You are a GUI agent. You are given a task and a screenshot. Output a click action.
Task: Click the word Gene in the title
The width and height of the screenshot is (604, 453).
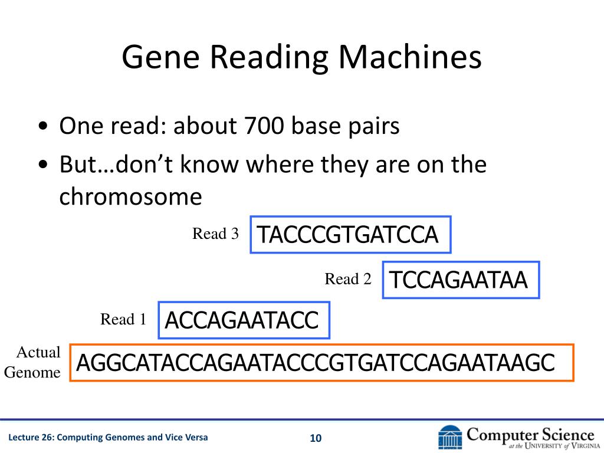(x=160, y=57)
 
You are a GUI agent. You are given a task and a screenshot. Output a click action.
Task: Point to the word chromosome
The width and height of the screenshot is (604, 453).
(x=130, y=196)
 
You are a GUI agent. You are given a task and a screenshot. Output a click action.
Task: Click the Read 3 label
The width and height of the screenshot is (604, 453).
(x=215, y=234)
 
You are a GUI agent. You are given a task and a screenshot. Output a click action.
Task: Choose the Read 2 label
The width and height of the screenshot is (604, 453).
(x=348, y=279)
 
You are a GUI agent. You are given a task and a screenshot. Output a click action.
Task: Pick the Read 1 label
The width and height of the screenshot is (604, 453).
(x=123, y=319)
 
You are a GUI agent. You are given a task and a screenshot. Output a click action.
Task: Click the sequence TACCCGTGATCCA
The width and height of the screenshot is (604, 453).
(x=347, y=235)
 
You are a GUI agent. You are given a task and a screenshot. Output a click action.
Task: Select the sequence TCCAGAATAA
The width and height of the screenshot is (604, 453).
(x=458, y=280)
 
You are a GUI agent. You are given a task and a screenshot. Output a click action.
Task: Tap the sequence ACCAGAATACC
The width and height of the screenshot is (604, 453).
(x=241, y=320)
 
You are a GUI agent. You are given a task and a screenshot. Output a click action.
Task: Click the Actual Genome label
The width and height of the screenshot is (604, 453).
(x=32, y=362)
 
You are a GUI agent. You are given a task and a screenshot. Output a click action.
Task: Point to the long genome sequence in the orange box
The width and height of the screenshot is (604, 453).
(x=316, y=363)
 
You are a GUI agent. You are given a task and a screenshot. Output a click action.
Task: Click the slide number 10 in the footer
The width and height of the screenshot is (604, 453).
(x=316, y=438)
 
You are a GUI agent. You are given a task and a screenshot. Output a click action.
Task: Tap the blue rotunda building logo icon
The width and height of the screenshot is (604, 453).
(x=450, y=437)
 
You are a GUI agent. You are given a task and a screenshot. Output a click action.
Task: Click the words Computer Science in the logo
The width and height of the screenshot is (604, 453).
(x=530, y=435)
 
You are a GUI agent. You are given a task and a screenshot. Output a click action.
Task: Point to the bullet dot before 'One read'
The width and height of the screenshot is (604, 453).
(x=43, y=126)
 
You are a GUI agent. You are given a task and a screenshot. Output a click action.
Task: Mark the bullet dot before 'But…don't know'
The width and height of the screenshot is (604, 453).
(x=43, y=165)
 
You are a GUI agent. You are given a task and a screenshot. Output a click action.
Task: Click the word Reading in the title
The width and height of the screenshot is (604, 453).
(x=269, y=58)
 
